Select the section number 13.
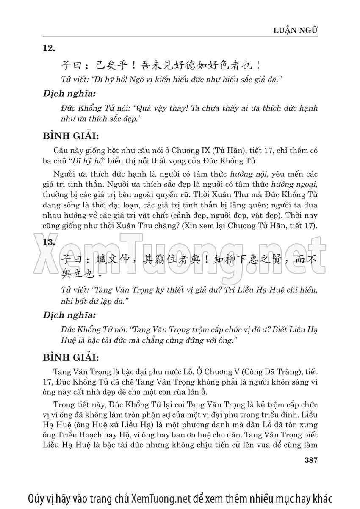pyautogui.click(x=49, y=242)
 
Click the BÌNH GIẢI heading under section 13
pyautogui.click(x=71, y=357)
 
